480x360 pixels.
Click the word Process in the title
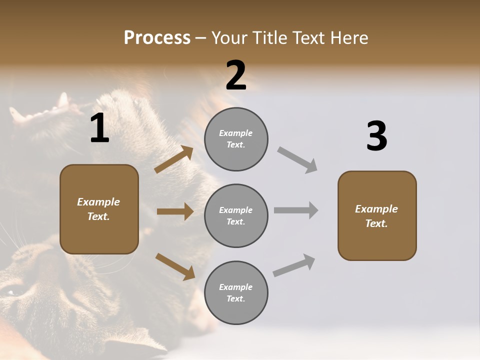[x=157, y=37]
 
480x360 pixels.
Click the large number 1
[x=99, y=128]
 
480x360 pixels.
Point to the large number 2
[x=236, y=75]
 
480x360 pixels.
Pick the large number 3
[x=376, y=136]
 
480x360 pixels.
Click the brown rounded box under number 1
[x=99, y=209]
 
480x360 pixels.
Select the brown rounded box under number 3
[x=377, y=215]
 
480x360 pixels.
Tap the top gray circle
[x=236, y=139]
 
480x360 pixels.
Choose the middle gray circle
[x=236, y=215]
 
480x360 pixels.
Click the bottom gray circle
[x=236, y=292]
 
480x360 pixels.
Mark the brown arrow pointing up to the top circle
[x=174, y=159]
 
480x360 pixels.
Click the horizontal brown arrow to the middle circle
[x=175, y=211]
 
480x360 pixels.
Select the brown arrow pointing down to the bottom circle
[x=175, y=266]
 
